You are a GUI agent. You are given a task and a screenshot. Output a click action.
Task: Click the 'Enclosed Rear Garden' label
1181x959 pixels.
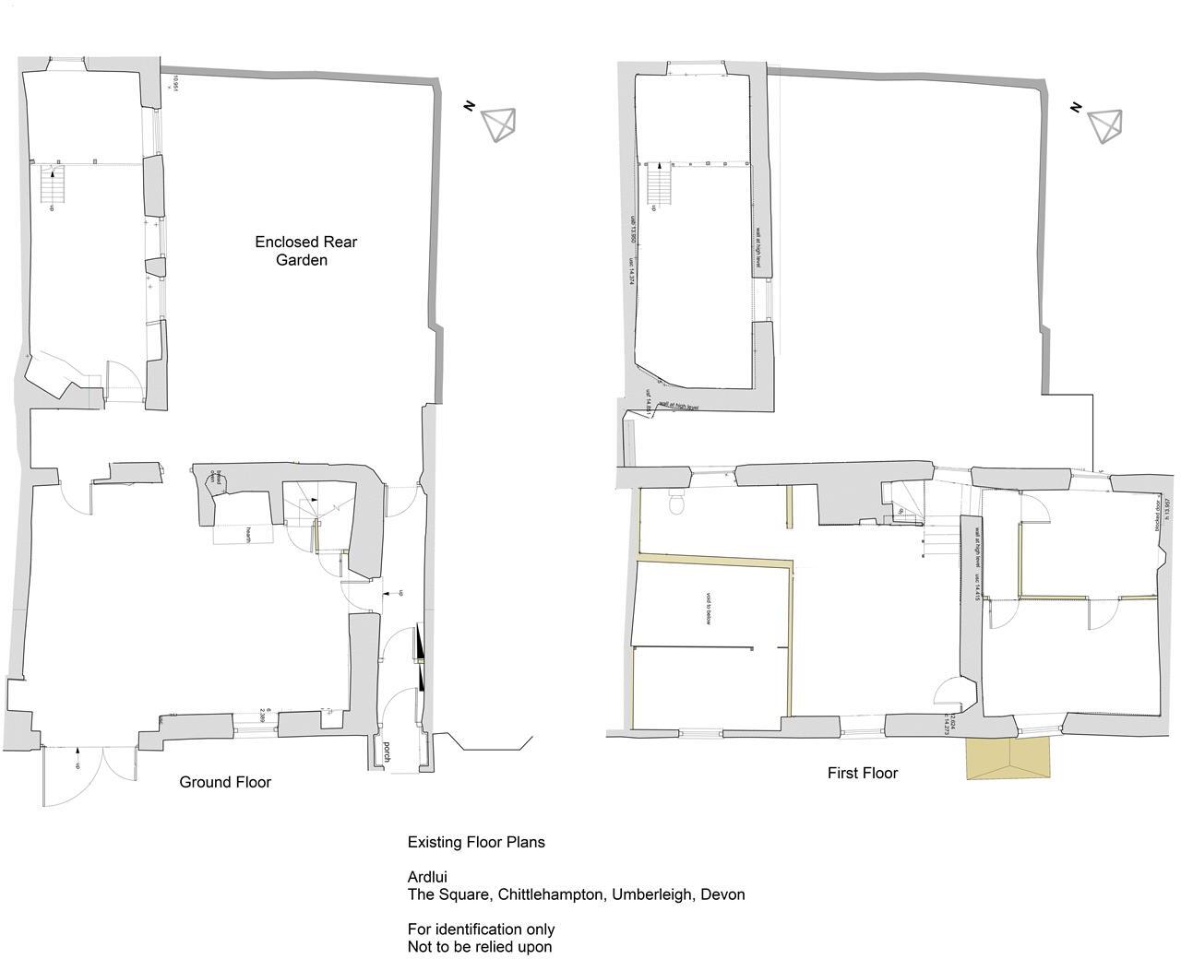click(x=305, y=251)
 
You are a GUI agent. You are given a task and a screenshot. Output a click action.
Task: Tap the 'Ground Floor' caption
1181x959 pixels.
click(x=225, y=782)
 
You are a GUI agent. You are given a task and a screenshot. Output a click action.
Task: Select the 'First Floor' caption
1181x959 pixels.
click(x=862, y=773)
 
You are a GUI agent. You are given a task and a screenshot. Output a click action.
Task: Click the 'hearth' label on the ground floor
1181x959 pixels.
click(x=247, y=536)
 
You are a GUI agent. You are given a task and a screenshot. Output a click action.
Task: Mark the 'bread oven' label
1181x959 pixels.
click(x=215, y=477)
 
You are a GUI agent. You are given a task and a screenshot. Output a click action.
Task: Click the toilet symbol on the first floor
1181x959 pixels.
click(x=677, y=503)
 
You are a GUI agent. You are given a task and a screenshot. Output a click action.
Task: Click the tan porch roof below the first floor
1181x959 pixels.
click(x=1009, y=759)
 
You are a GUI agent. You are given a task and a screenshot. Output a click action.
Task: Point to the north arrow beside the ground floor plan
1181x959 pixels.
click(x=499, y=123)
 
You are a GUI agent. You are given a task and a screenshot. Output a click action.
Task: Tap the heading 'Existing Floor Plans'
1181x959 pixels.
click(x=476, y=842)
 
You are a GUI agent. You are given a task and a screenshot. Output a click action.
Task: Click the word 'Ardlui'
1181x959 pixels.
click(x=427, y=877)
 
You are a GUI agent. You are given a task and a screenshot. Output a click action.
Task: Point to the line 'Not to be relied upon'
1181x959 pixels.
click(x=480, y=947)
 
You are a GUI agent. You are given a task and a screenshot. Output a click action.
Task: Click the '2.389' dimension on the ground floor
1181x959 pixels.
click(x=263, y=715)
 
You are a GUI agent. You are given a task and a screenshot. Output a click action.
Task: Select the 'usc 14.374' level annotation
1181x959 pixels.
click(x=632, y=274)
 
